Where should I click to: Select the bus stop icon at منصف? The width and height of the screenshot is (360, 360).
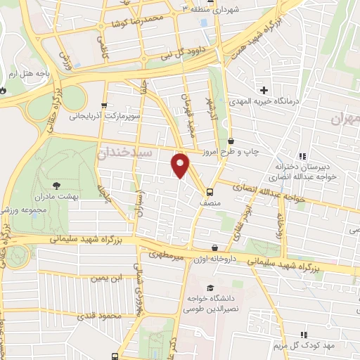210,191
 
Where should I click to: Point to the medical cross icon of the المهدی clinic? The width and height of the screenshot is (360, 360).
264,90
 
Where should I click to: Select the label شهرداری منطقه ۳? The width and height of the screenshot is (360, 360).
218,8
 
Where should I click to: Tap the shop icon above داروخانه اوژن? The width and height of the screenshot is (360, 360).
214,247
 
